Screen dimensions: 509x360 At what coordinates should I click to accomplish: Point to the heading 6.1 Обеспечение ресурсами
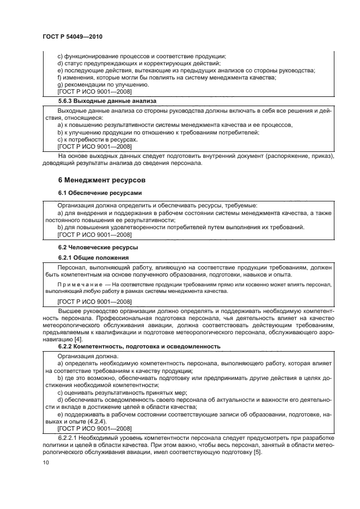92,193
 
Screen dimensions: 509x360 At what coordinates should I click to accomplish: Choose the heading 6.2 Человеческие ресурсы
90,248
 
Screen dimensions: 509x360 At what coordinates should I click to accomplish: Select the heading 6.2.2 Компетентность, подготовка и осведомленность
139,346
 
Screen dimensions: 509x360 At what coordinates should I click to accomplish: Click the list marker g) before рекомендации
60,85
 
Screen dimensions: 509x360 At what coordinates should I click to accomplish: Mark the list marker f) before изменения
60,78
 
